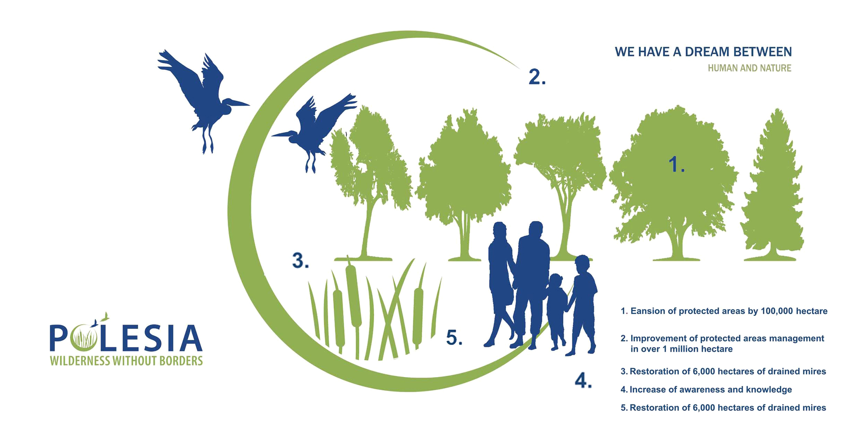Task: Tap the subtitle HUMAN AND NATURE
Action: (x=750, y=68)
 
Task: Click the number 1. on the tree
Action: (x=676, y=165)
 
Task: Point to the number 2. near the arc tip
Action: (x=537, y=77)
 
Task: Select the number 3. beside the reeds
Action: (x=300, y=260)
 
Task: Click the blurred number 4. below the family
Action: (x=583, y=380)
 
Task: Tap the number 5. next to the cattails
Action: (x=454, y=338)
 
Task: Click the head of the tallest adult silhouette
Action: (x=536, y=230)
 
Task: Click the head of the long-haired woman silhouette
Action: (x=500, y=232)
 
